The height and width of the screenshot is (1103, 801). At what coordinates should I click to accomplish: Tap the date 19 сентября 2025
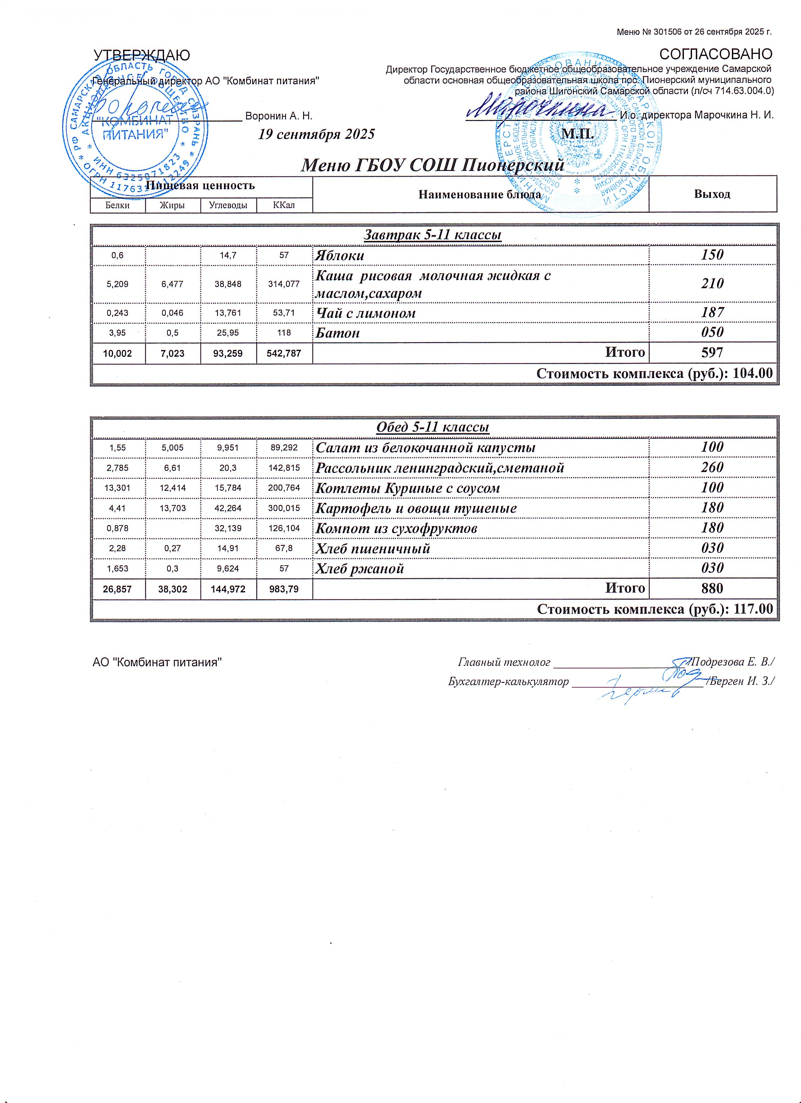click(316, 134)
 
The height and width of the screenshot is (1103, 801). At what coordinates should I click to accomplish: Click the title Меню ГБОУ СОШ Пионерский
click(433, 165)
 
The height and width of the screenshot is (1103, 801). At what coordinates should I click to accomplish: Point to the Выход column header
click(712, 194)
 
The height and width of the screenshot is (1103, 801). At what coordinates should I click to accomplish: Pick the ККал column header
click(284, 205)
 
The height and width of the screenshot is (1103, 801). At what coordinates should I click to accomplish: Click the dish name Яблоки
click(340, 255)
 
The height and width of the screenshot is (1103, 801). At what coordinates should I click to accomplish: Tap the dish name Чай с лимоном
click(366, 313)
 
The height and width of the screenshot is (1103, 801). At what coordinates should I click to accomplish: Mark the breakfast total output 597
click(712, 353)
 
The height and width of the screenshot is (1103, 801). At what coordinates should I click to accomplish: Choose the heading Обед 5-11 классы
click(433, 427)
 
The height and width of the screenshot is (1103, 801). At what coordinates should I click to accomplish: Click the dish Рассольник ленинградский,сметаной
click(440, 468)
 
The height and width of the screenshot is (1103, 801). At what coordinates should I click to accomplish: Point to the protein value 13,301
click(117, 488)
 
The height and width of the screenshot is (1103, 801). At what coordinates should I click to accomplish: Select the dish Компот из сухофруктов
click(396, 528)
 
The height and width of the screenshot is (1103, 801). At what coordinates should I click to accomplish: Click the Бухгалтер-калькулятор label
click(508, 681)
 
